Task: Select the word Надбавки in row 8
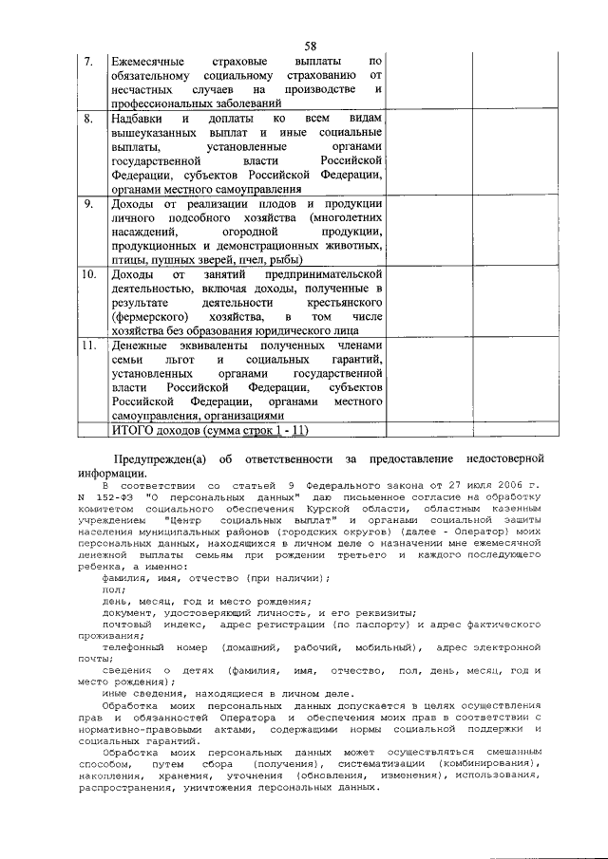(137, 120)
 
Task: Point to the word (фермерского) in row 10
(150, 315)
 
